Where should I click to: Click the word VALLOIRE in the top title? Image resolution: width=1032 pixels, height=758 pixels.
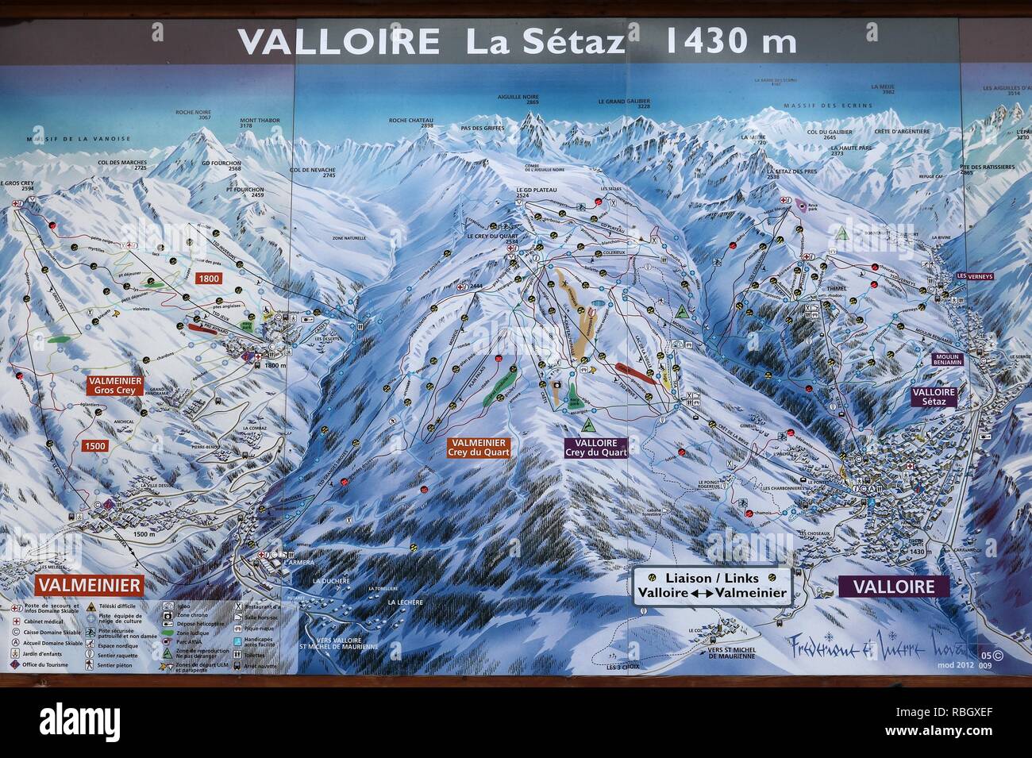338,40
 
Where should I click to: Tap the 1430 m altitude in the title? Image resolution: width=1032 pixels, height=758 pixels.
728,40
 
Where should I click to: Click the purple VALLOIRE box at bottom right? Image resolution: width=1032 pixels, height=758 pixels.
893,587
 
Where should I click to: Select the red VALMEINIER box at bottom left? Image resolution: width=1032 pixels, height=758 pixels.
89,587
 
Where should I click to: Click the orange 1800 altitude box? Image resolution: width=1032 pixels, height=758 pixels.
210,279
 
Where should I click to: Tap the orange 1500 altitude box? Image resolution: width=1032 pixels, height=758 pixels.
94,446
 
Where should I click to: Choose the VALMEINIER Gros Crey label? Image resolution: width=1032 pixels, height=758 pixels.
116,386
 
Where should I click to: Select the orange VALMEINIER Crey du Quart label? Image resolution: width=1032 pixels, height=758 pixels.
478,448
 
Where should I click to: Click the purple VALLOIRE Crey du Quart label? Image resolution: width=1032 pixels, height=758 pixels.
596,448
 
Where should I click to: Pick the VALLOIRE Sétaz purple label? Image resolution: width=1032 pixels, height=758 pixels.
934,397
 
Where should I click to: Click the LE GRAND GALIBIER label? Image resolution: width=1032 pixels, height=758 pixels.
624,102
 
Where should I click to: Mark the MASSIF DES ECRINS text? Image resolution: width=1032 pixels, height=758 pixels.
828,106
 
